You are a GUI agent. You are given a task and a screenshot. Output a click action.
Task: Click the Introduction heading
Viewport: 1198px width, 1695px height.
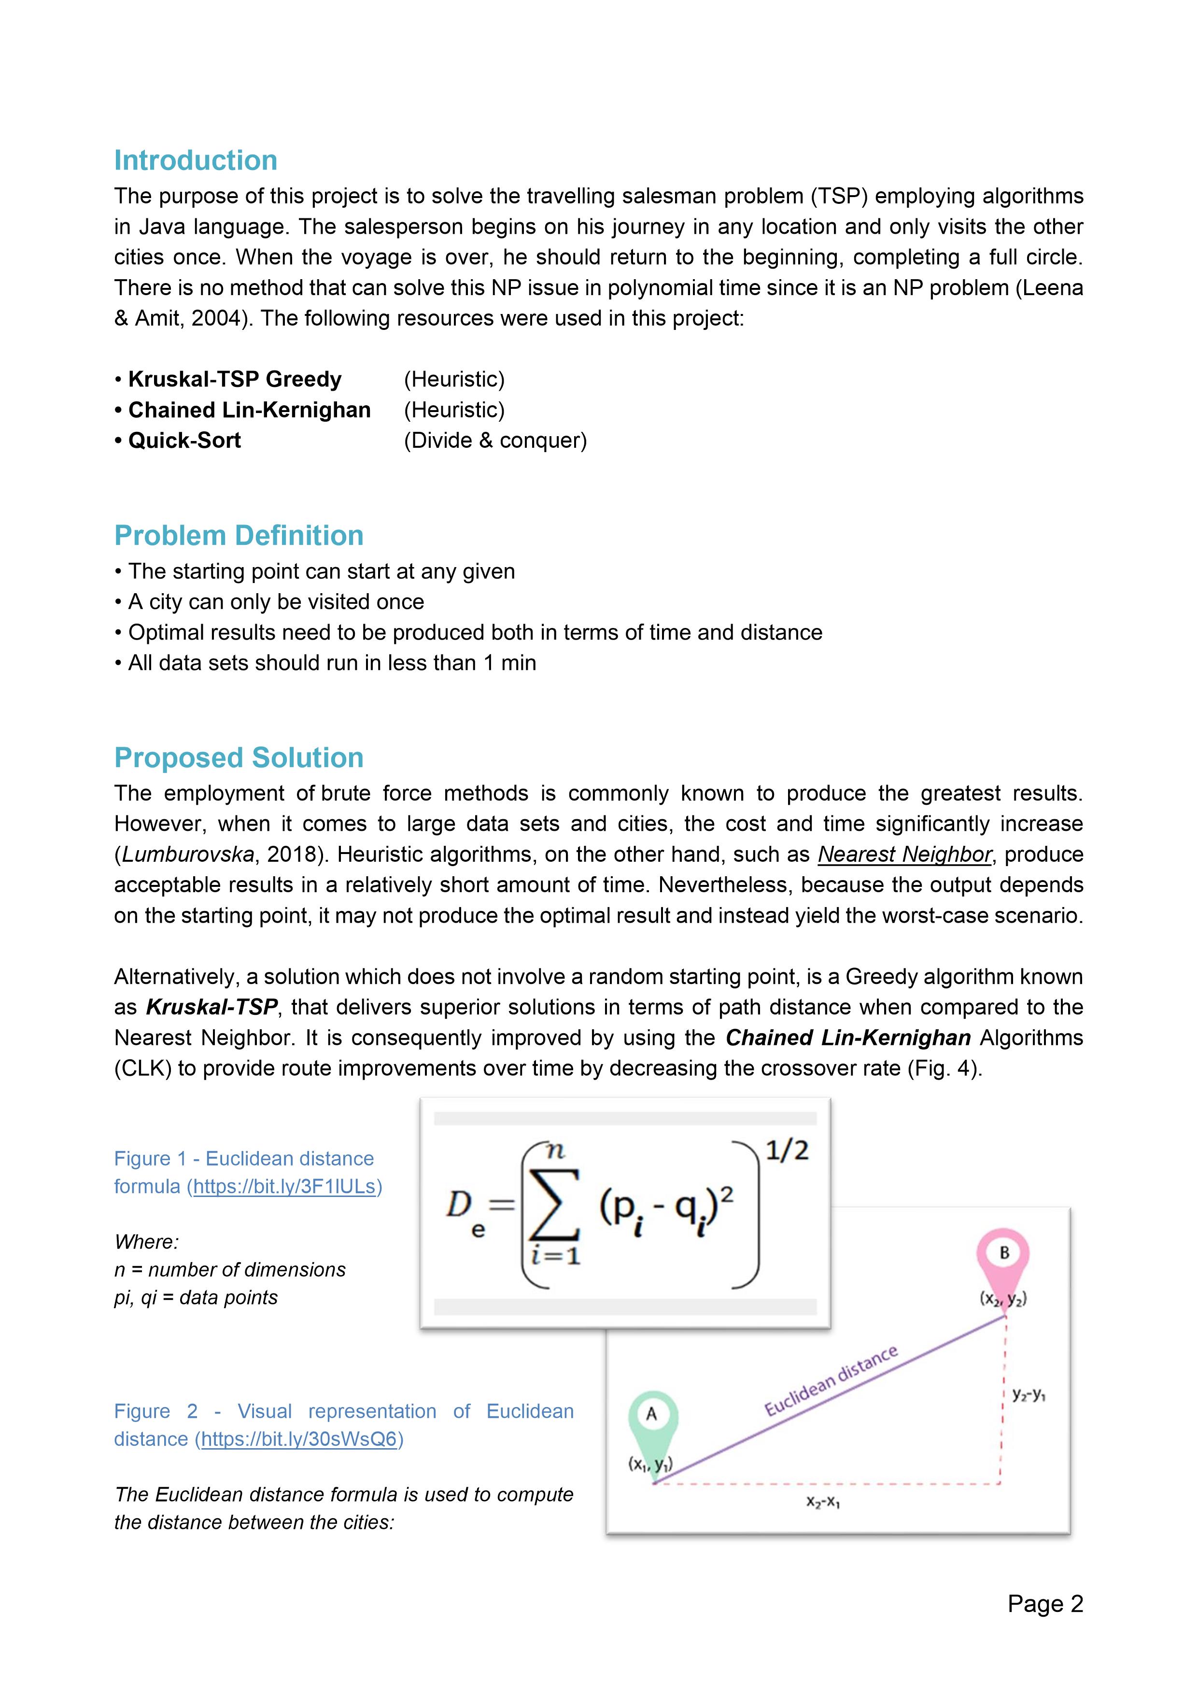click(196, 160)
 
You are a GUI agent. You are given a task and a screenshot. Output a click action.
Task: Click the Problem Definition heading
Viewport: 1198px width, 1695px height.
click(239, 535)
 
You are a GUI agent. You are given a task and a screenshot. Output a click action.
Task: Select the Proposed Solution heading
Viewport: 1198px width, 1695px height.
click(239, 757)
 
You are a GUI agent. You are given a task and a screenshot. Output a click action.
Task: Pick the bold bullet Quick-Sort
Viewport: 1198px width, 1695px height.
click(184, 440)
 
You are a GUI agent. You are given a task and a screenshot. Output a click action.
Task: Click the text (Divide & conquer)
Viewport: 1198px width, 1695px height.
click(494, 440)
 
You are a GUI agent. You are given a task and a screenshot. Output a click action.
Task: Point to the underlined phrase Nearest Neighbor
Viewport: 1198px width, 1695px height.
click(904, 854)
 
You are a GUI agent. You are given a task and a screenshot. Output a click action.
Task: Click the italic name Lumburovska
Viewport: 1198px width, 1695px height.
click(187, 854)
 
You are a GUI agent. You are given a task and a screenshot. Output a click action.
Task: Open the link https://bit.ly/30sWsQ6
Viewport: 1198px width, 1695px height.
click(299, 1439)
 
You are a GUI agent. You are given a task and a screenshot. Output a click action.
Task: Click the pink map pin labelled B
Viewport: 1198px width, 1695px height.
click(1003, 1256)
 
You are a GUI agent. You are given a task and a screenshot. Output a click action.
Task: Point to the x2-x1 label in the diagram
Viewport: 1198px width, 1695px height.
click(823, 1502)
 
